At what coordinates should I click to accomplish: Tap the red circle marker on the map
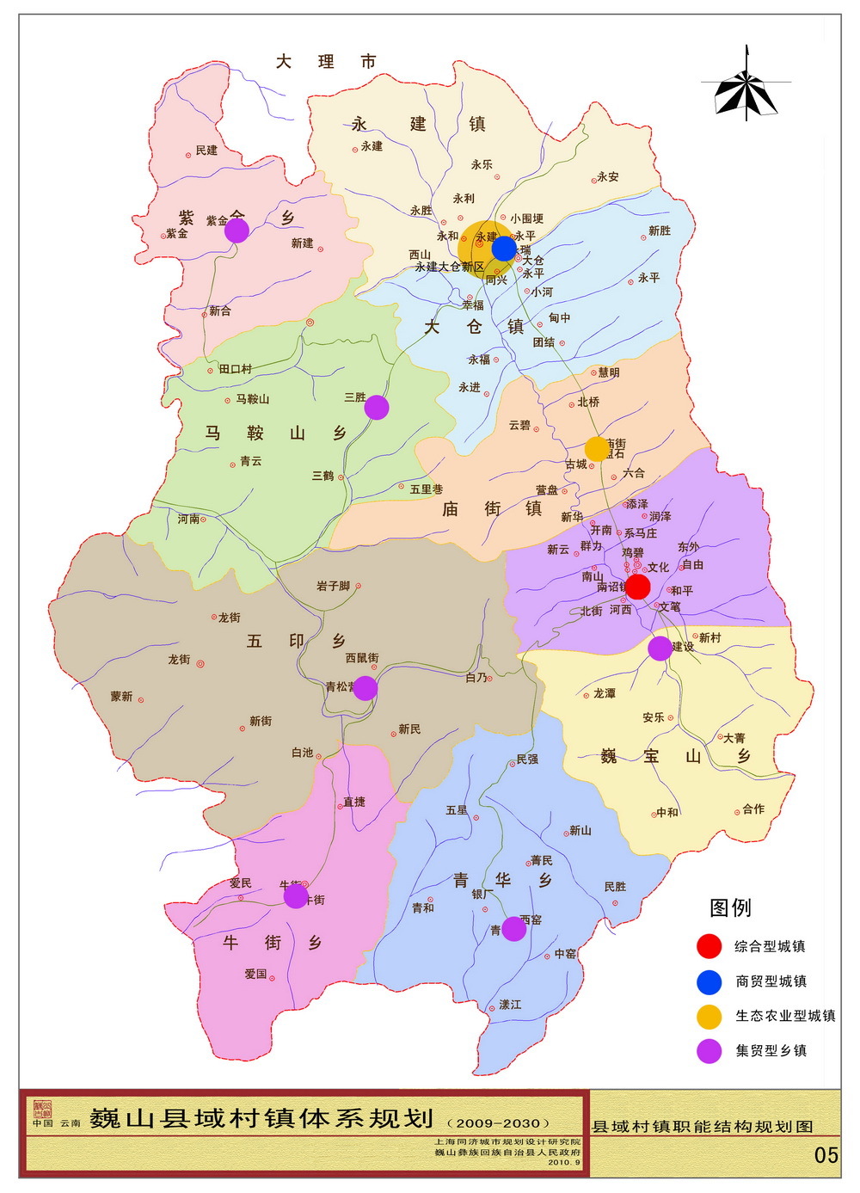coord(637,587)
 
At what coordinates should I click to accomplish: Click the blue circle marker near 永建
coord(504,249)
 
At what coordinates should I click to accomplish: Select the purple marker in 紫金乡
coord(236,230)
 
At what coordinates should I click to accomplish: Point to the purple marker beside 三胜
coord(377,407)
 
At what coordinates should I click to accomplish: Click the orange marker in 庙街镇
coord(596,448)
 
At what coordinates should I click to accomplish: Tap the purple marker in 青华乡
coord(513,929)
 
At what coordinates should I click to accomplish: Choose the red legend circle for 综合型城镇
coord(709,946)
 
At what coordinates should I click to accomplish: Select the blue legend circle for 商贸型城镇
coord(709,981)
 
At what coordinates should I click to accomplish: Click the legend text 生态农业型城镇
coord(785,1016)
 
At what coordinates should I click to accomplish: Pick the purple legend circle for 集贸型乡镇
coord(709,1050)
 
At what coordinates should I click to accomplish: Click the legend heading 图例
coord(730,907)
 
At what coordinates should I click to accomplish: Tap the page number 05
coord(826,1155)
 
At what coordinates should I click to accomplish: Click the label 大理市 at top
coord(326,62)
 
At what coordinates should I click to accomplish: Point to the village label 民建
coord(206,151)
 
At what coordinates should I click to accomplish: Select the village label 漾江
coord(510,1005)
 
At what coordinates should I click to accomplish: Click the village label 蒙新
coord(121,697)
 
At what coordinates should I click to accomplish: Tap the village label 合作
coord(753,809)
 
